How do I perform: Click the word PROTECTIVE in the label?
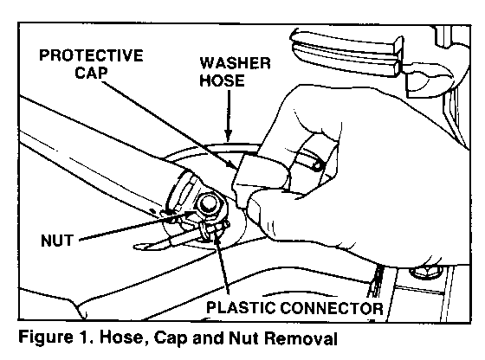91,55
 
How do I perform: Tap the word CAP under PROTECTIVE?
91,73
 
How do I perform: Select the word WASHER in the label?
235,63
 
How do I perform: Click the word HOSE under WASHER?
222,80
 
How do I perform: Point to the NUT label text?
57,241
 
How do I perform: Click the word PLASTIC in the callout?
241,308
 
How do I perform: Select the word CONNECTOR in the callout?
332,308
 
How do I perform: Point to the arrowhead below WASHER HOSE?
229,136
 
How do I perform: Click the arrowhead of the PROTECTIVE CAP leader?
234,164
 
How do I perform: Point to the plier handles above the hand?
348,53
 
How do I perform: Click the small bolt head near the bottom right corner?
425,272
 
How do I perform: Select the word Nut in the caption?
244,337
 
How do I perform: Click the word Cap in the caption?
171,337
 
